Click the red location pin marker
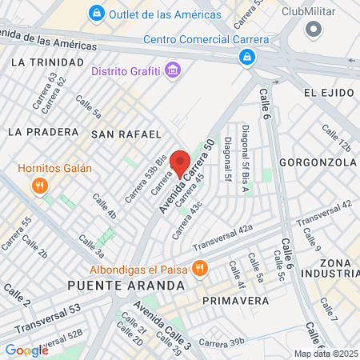(x=181, y=162)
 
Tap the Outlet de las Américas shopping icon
(x=97, y=13)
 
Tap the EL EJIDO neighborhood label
(x=328, y=94)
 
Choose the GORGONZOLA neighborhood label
(x=318, y=162)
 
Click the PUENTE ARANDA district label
(x=126, y=285)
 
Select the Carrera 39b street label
(x=222, y=342)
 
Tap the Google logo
(x=26, y=350)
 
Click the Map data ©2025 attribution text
(x=326, y=354)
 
